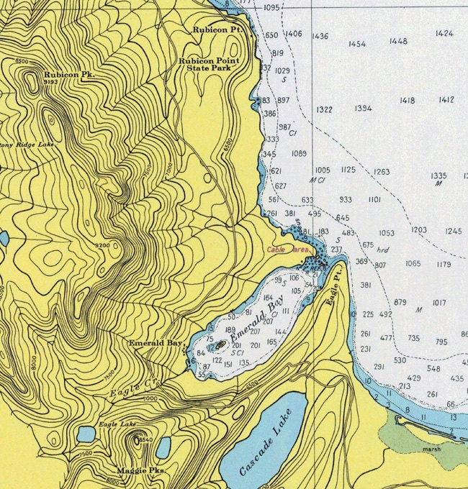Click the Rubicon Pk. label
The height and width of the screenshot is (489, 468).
point(69,74)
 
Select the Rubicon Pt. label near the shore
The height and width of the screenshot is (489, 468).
point(219,30)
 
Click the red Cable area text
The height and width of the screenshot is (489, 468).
point(288,250)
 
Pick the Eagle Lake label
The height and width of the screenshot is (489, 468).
point(117,425)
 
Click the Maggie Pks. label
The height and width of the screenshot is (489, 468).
point(147,470)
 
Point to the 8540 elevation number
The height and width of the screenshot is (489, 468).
point(145,439)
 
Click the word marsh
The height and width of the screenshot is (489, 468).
point(432,449)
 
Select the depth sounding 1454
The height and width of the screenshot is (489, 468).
point(357,44)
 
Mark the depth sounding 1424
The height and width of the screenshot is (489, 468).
point(444,33)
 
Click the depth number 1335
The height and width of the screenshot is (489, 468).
point(438,175)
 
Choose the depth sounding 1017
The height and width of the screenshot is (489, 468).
point(439,303)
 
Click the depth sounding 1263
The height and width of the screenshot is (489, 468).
point(382,172)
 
